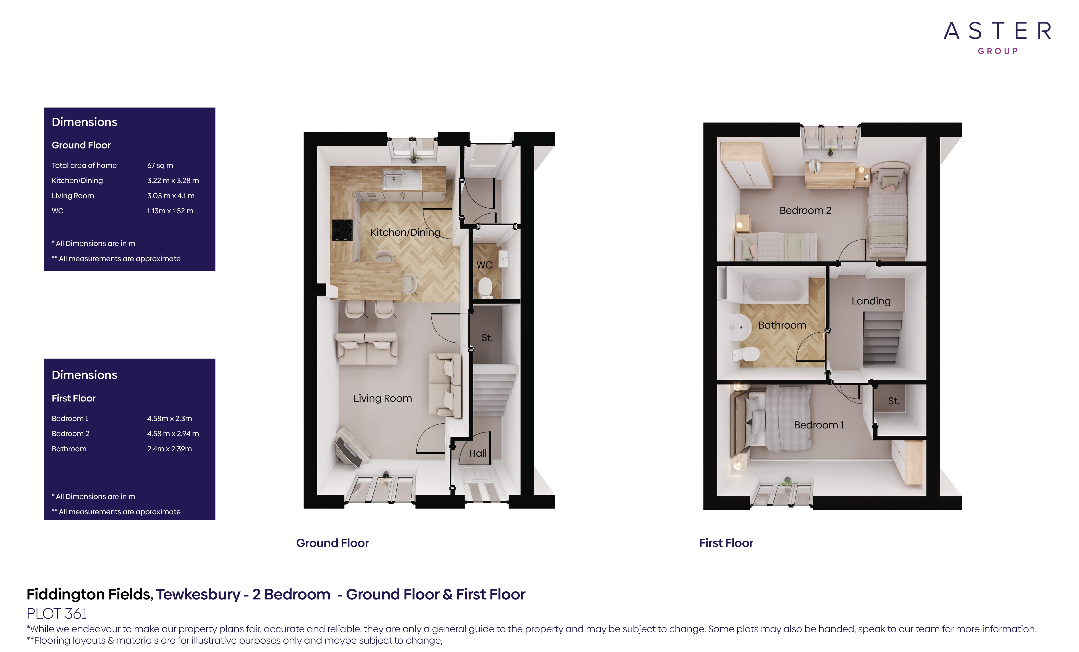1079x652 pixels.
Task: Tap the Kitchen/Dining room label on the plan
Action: (405, 232)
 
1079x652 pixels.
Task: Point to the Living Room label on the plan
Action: (382, 398)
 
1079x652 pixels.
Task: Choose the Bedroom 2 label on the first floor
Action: (805, 211)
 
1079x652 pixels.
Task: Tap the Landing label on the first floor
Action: (870, 301)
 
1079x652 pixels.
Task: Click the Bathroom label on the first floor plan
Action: (782, 325)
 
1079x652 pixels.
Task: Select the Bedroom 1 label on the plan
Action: (818, 425)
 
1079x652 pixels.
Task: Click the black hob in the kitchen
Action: (342, 230)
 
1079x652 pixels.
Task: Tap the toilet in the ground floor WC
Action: (485, 287)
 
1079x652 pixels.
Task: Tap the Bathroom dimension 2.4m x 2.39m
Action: (169, 449)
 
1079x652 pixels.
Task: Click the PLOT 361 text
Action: (56, 614)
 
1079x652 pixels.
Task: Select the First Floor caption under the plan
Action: (726, 543)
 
